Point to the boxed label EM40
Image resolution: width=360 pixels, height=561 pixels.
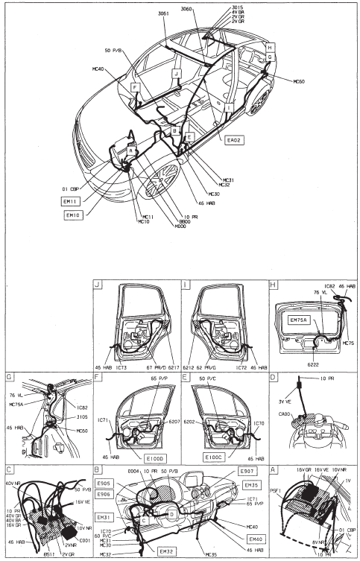click(255, 539)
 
